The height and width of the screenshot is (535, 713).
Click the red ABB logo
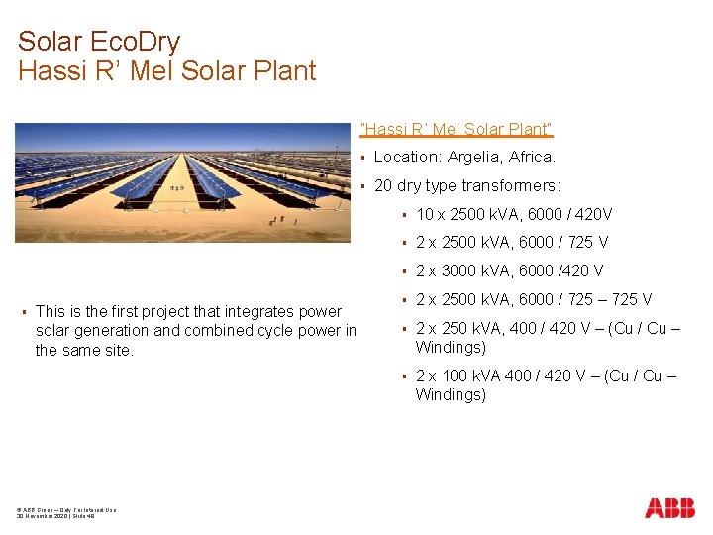pyautogui.click(x=669, y=508)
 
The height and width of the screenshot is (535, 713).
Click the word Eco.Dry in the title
pyautogui.click(x=138, y=42)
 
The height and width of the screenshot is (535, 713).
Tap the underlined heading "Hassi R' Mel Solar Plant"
pyautogui.click(x=457, y=130)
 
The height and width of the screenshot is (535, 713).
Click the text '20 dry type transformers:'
pyautogui.click(x=466, y=186)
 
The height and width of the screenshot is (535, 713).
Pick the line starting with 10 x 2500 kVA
pyautogui.click(x=514, y=214)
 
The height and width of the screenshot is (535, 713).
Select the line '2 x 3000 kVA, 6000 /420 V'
pyautogui.click(x=509, y=270)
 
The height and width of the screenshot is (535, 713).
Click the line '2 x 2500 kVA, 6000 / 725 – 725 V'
pyautogui.click(x=533, y=299)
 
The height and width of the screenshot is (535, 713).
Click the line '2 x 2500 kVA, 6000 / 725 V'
pyautogui.click(x=511, y=242)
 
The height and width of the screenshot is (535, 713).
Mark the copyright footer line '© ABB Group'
pyautogui.click(x=65, y=509)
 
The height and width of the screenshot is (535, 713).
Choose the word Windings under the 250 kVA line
pyautogui.click(x=450, y=348)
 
